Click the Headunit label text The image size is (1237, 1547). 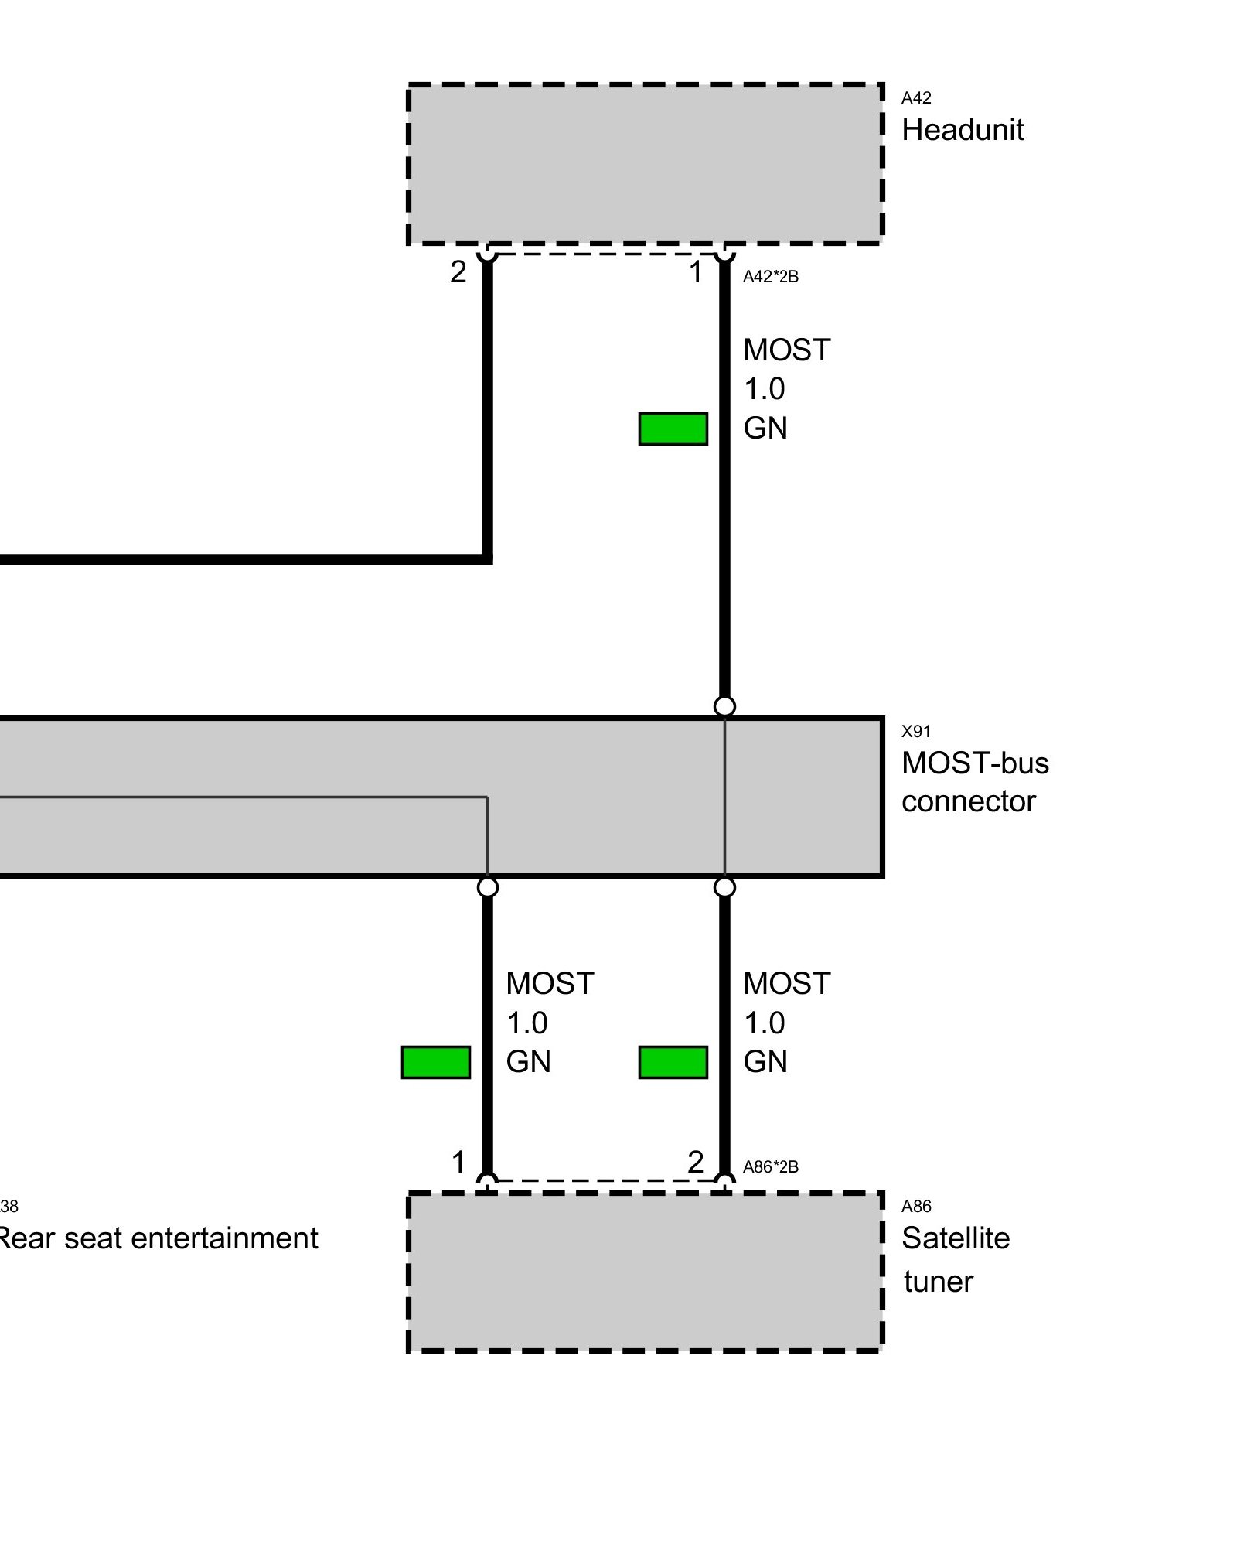(962, 130)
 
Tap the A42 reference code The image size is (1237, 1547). (916, 98)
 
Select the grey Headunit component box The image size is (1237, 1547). (645, 163)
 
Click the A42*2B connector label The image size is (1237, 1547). (770, 277)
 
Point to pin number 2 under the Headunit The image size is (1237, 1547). (458, 272)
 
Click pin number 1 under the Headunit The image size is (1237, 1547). (696, 272)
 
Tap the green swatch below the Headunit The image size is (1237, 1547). (673, 429)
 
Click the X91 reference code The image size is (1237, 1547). (916, 731)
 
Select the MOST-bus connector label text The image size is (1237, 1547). (974, 782)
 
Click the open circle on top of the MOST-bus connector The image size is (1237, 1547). (724, 706)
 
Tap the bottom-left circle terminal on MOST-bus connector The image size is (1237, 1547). (488, 887)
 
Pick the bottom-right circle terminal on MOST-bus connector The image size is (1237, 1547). (724, 887)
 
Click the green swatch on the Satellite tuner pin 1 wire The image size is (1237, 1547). (436, 1062)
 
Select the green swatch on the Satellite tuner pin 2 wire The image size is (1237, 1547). (673, 1062)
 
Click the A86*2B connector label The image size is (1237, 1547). (770, 1166)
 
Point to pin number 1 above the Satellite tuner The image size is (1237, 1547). (458, 1162)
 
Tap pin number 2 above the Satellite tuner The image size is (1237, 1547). (696, 1162)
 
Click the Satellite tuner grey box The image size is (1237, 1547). (645, 1272)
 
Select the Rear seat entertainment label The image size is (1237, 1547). (158, 1238)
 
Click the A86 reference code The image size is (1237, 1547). (916, 1206)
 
